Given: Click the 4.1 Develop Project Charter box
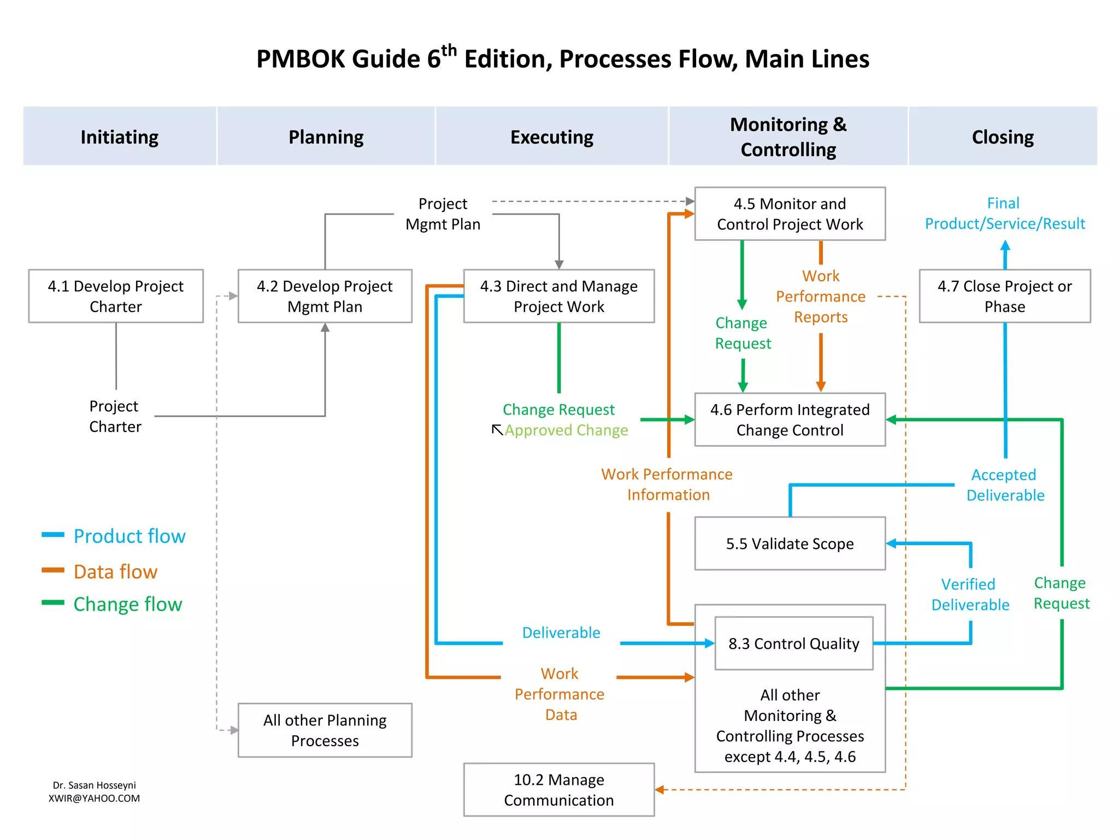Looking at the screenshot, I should pos(116,296).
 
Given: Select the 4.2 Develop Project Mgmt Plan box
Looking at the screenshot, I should pos(325,296).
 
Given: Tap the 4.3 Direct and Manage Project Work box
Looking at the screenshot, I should pos(558,296).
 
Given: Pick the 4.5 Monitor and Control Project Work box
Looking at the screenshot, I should pos(790,214).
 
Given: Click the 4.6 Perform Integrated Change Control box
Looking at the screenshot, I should pos(790,419).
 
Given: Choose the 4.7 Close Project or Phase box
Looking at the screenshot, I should pos(1004,296).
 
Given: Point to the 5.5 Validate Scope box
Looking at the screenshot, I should pos(790,543).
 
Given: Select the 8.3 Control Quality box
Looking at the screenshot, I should pos(793,643).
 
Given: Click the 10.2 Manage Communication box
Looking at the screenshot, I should pos(558,790).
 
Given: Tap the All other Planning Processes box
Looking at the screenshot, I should pos(325,730).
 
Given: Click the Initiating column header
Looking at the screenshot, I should pos(120,137).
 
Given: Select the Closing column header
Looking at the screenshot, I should pos(1003,137).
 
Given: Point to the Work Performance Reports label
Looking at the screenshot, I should pos(821,297).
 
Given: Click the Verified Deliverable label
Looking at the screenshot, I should pos(970,594).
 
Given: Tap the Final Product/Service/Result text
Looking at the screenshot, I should pos(1004,214).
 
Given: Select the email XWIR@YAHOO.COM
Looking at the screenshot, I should pos(94,798).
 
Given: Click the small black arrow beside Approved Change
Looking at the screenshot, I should pos(497,430).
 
